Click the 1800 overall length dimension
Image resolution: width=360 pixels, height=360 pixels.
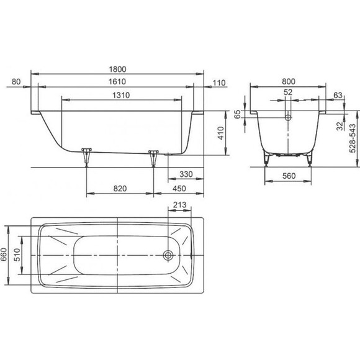point(117,69)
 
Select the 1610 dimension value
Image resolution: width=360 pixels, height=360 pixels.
point(117,81)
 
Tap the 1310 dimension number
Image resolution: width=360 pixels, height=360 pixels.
point(121,95)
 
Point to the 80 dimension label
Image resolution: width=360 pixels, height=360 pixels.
point(16,81)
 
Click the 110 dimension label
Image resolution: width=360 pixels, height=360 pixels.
point(219,83)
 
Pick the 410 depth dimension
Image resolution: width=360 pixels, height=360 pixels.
point(220,133)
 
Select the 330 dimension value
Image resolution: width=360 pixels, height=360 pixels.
point(186,174)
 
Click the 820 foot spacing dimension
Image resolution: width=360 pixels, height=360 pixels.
point(120,189)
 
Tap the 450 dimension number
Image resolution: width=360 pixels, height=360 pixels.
point(179,189)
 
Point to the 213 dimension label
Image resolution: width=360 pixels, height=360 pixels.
point(179,205)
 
